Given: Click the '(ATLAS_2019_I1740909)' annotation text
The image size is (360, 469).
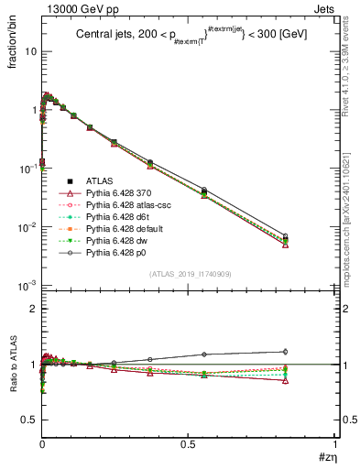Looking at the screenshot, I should tap(189, 274).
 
